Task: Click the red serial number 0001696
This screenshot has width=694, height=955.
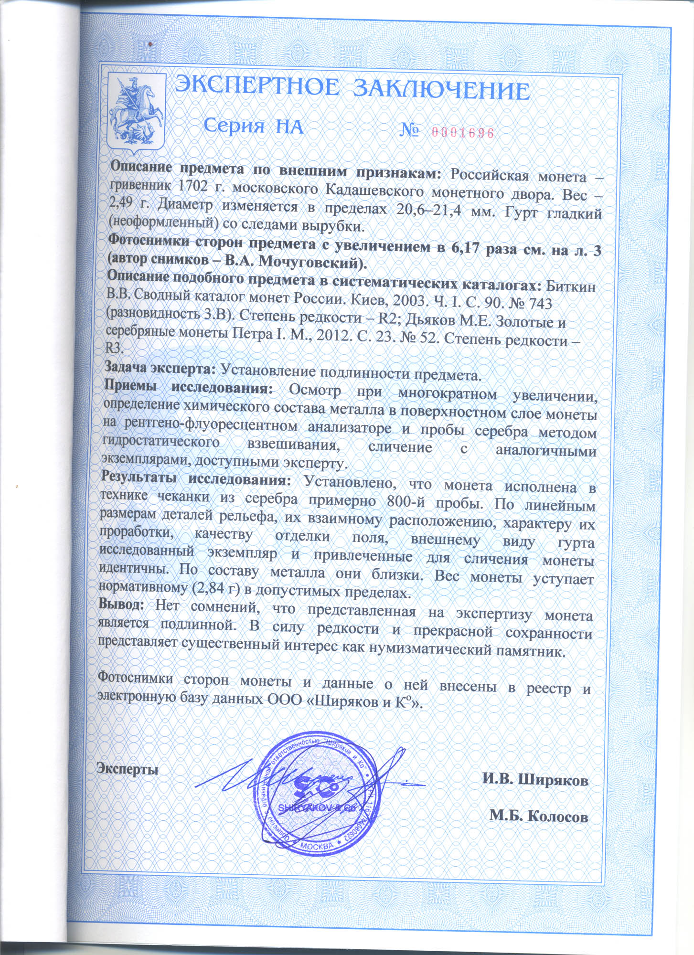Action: [462, 133]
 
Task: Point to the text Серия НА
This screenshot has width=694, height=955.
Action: [253, 126]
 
